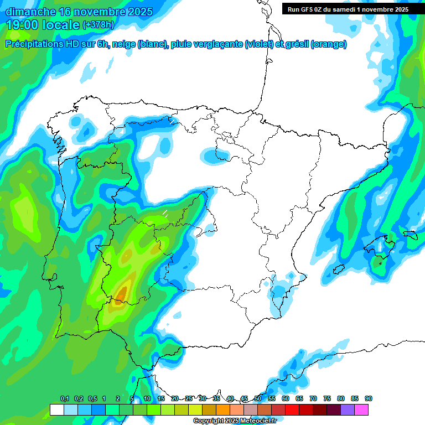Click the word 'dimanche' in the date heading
[30, 12]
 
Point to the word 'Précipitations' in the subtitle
[39, 44]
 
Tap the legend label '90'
[368, 398]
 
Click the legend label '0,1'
[64, 398]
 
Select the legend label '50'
[258, 398]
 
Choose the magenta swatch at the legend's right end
[361, 410]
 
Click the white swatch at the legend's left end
[56, 410]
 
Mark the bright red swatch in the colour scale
[292, 410]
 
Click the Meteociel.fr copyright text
[235, 421]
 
